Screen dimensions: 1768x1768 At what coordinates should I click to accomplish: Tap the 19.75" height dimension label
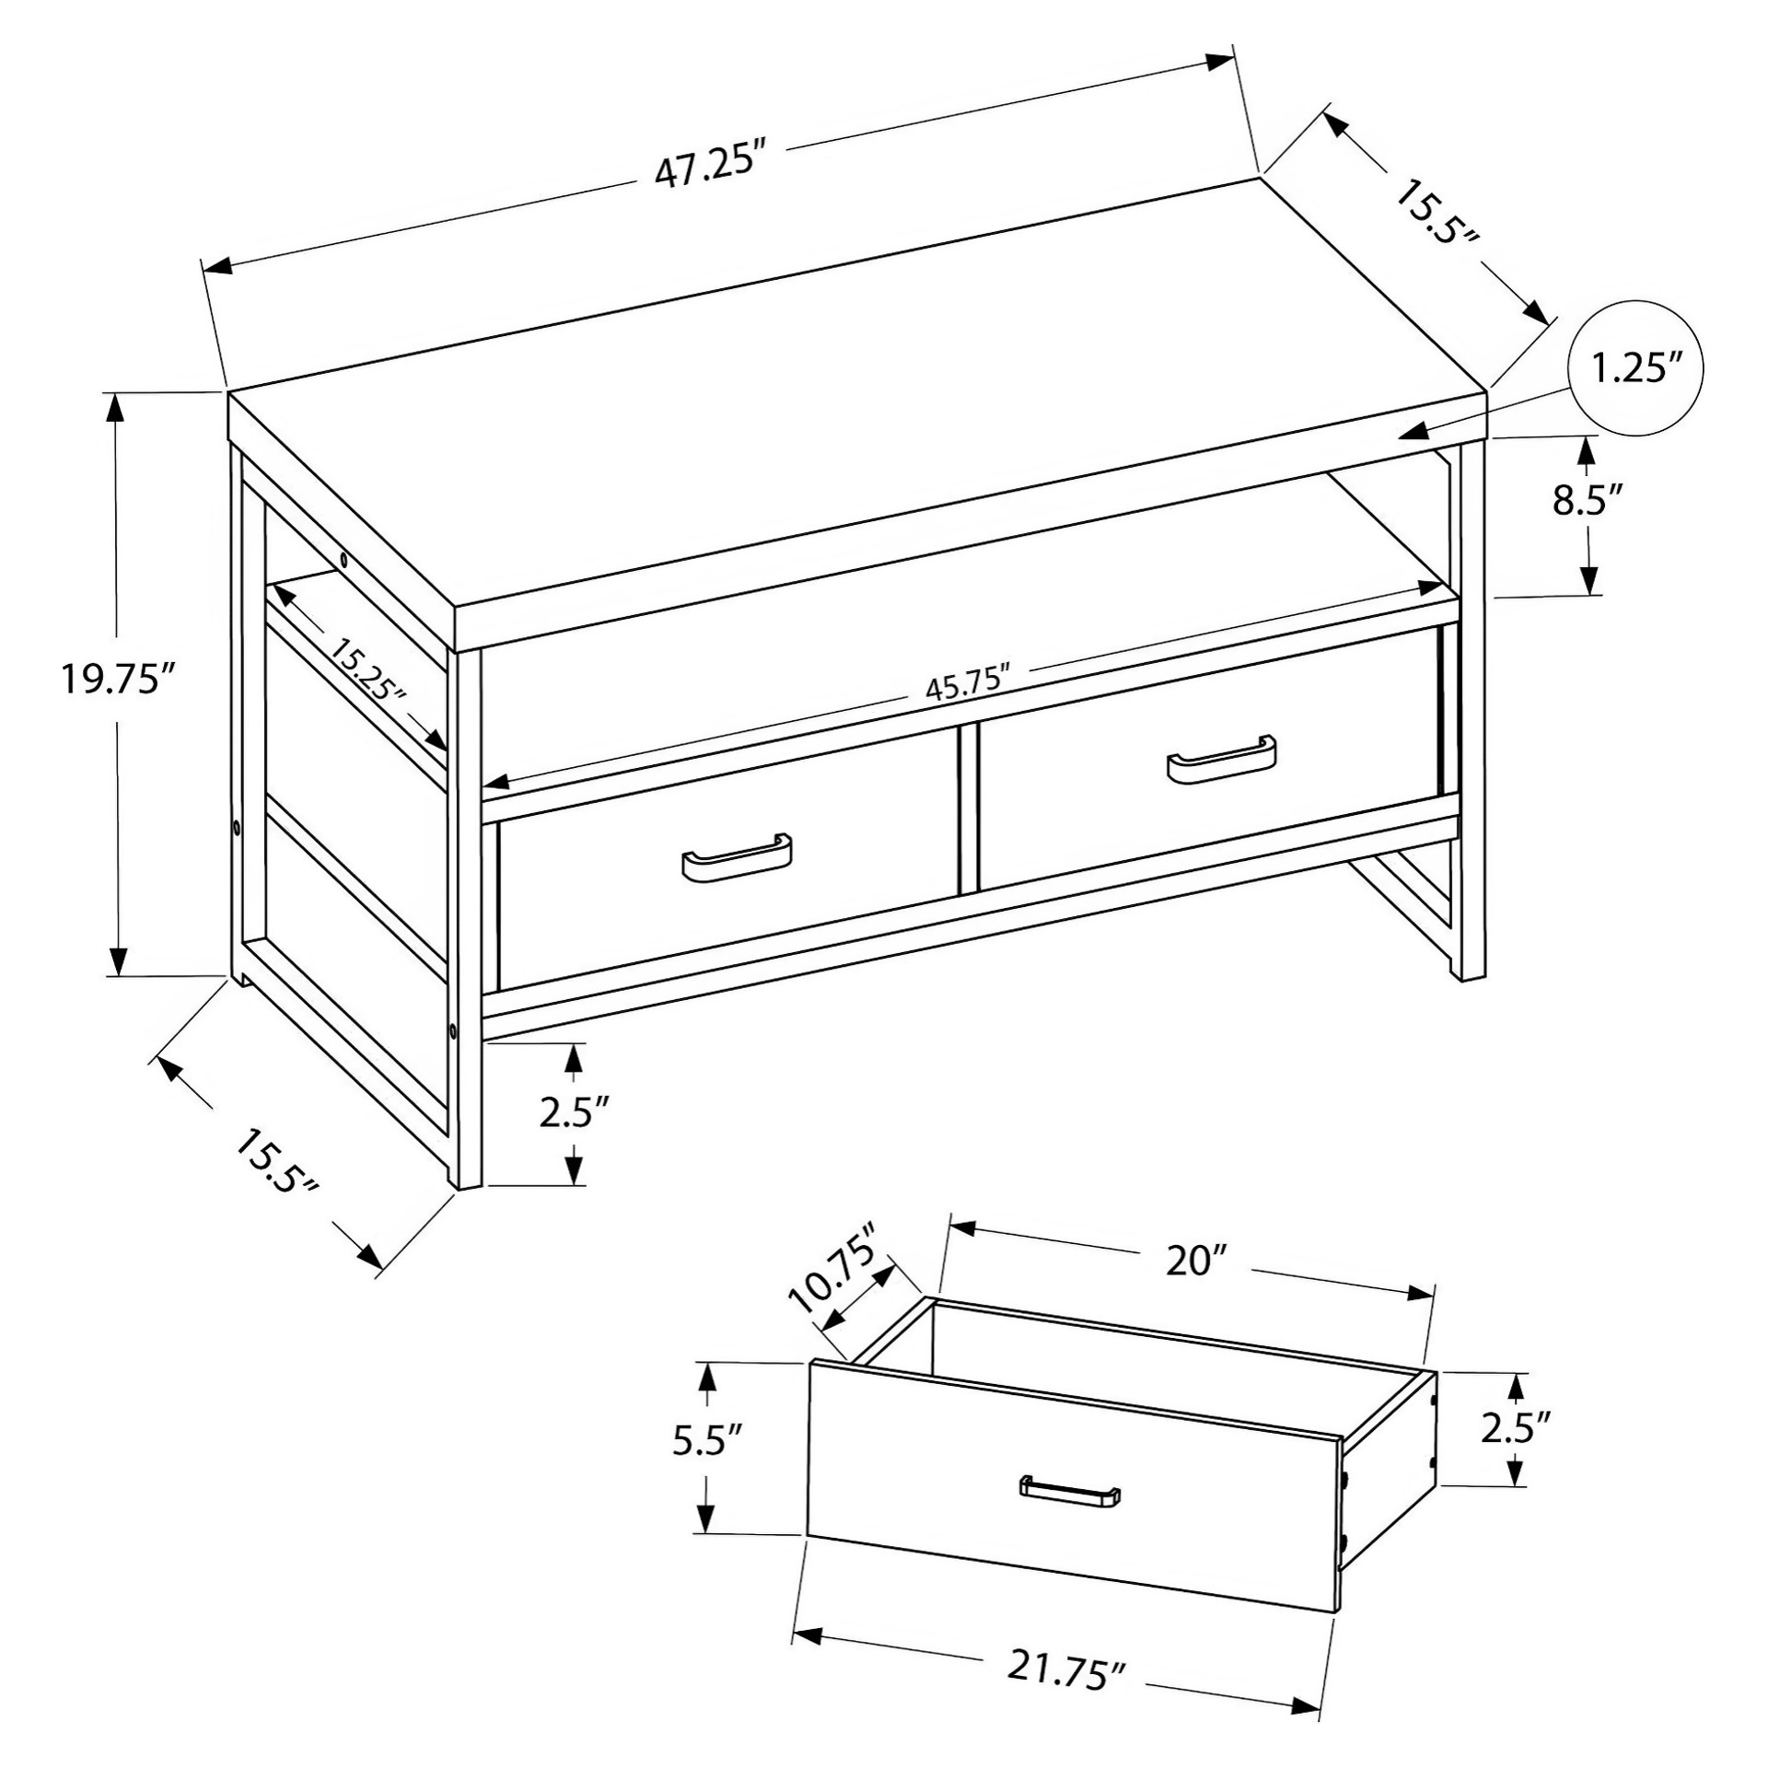click(116, 680)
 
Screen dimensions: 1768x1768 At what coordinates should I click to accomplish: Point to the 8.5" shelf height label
click(1588, 502)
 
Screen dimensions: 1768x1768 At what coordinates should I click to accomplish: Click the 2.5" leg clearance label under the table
click(575, 1112)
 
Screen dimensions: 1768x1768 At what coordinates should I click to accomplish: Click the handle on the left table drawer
click(736, 859)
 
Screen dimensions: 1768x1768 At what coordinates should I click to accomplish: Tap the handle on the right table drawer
click(1221, 760)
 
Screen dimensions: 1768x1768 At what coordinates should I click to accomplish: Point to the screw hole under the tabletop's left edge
click(343, 559)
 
